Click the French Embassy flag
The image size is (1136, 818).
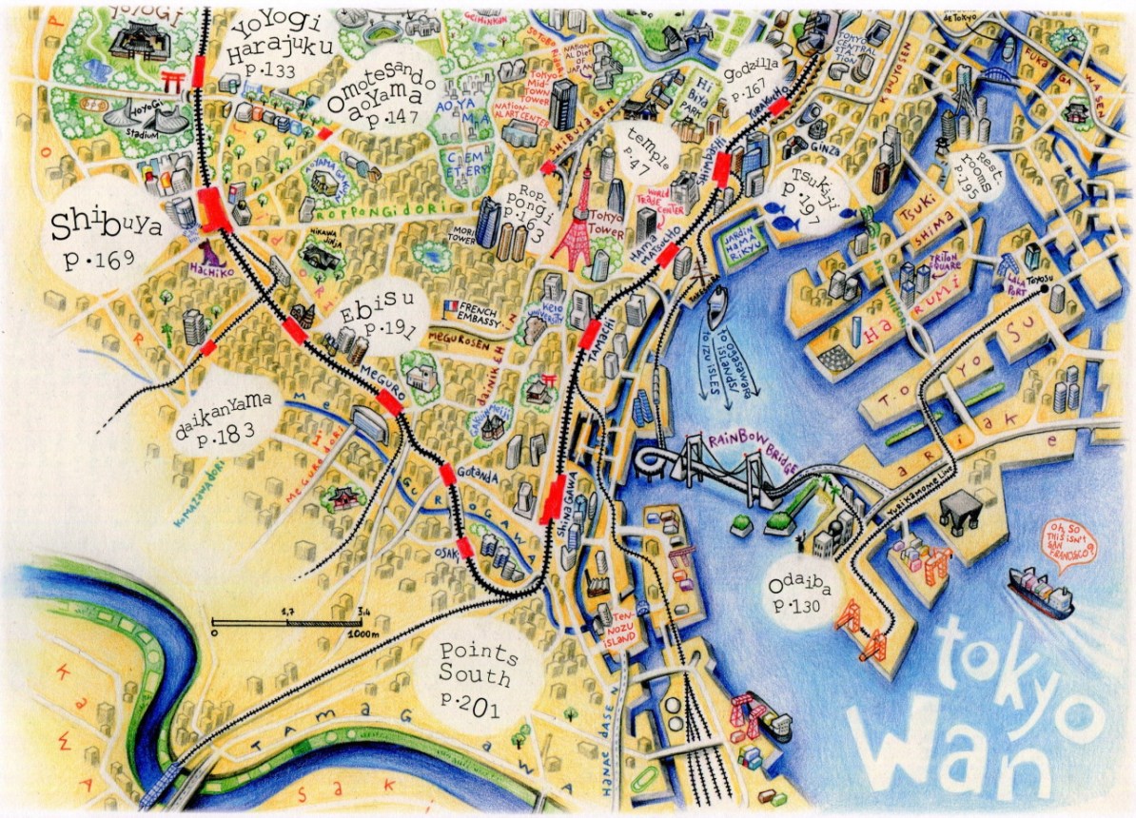tap(448, 304)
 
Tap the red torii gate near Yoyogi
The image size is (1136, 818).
tap(172, 84)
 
